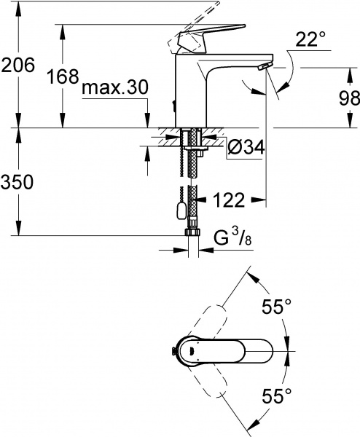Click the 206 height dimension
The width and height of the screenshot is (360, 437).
point(18,66)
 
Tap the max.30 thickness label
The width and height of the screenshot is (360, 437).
point(114,88)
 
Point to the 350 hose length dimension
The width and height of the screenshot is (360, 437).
point(18,183)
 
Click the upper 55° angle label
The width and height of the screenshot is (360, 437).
point(276,307)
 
